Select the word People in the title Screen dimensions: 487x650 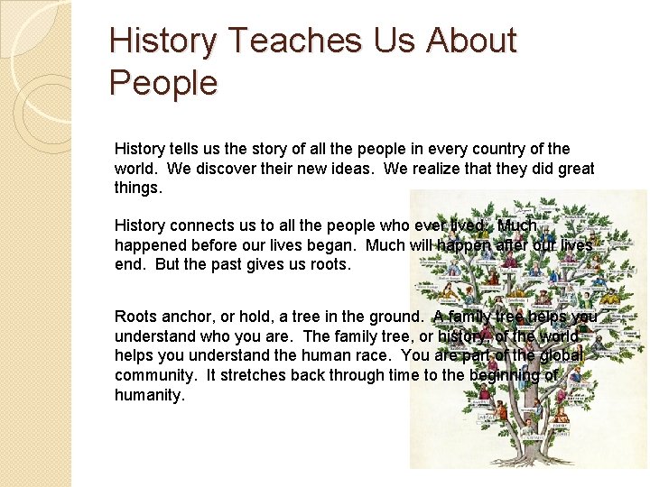coord(163,83)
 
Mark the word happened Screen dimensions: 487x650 coord(148,245)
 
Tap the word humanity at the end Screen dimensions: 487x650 coord(149,396)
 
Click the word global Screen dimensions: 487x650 coord(562,356)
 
